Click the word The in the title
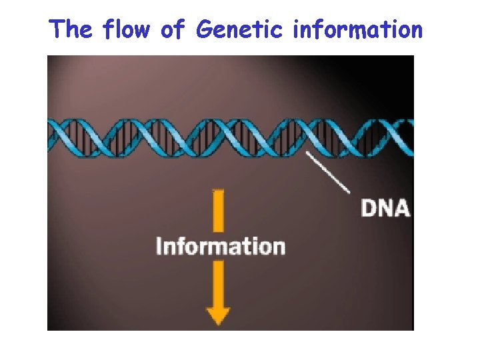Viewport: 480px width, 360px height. pyautogui.click(x=71, y=29)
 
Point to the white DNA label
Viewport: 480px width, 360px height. pyautogui.click(x=385, y=207)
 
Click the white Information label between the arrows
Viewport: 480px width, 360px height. pyautogui.click(x=220, y=246)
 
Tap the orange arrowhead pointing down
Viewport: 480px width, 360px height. pyautogui.click(x=218, y=313)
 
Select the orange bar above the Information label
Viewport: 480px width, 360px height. pyautogui.click(x=218, y=210)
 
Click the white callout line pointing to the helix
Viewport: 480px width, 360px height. pyautogui.click(x=327, y=171)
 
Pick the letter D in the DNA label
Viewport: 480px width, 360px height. pyautogui.click(x=369, y=207)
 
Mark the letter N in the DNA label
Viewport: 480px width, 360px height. pyautogui.click(x=385, y=207)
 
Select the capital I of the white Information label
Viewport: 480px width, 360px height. pyautogui.click(x=159, y=246)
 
